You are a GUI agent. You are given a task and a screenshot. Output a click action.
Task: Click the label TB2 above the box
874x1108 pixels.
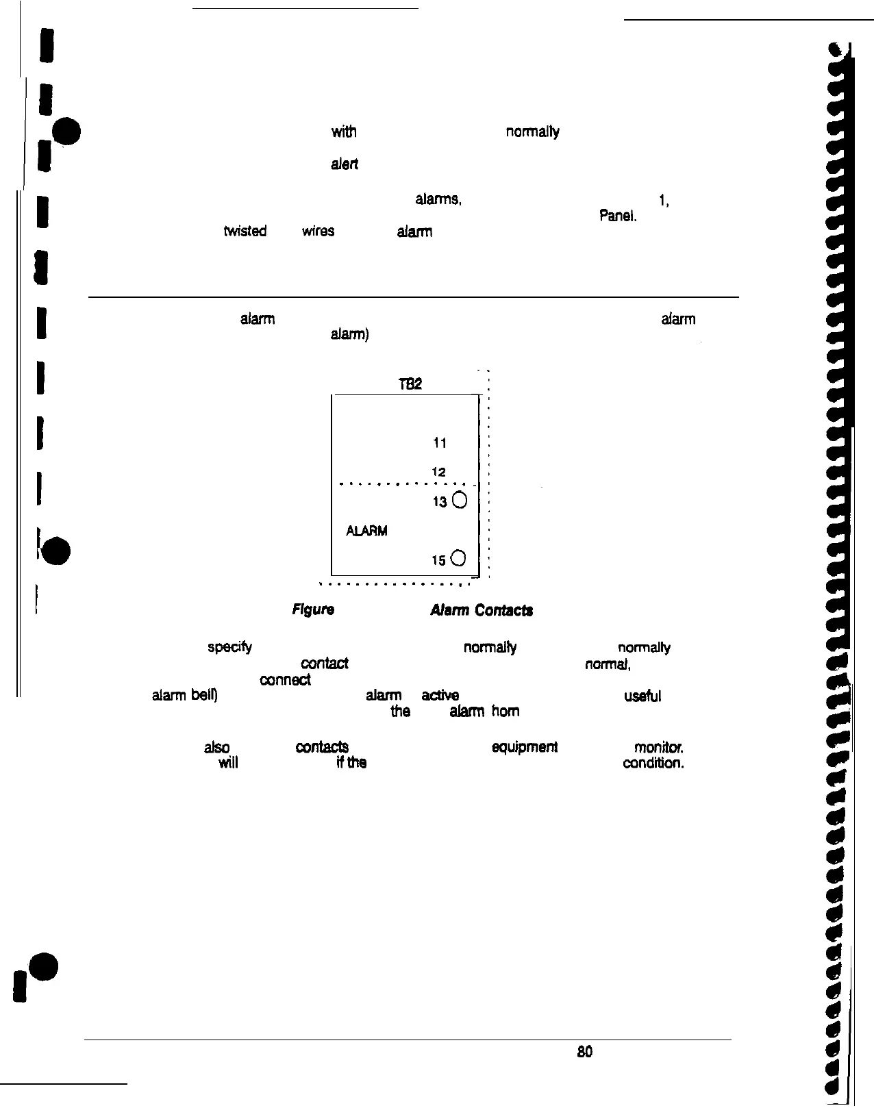[x=410, y=385]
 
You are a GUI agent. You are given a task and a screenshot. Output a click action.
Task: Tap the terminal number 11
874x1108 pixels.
[x=440, y=443]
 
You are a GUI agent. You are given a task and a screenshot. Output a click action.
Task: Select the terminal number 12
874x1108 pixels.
[x=439, y=472]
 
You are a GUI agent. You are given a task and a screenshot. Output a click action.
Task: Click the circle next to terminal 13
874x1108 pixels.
[x=460, y=501]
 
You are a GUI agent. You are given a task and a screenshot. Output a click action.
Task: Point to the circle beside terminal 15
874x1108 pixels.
[x=460, y=559]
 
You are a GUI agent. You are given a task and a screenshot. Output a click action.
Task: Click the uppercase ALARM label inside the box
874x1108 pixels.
[x=366, y=531]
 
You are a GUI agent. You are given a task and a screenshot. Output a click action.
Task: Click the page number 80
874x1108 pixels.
[x=584, y=1051]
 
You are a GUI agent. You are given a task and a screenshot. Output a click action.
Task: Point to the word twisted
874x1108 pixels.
[x=245, y=231]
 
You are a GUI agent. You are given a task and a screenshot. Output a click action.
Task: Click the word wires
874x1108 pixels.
[x=318, y=231]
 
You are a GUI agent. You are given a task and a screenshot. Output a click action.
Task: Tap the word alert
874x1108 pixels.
[x=345, y=164]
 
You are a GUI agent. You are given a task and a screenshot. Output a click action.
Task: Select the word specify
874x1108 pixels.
[x=229, y=648]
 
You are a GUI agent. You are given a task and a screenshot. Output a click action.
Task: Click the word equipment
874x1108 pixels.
[x=525, y=747]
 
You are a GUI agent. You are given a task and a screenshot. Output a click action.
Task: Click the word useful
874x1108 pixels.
[x=642, y=696]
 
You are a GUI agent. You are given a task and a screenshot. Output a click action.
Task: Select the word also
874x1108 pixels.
[x=216, y=747]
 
